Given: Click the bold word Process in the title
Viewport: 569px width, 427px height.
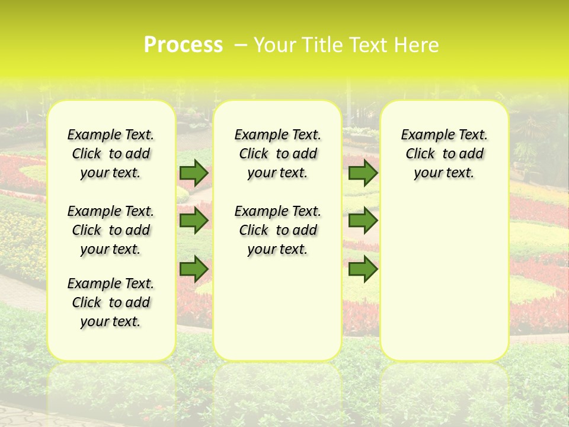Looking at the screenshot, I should pos(183,45).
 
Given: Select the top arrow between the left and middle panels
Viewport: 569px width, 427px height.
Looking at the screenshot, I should pos(194,173).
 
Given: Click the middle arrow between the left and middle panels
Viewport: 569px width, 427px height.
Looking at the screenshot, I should pos(194,221).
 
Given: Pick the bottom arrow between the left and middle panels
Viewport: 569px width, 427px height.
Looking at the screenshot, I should pos(194,270).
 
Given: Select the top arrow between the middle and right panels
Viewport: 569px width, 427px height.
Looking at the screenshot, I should pos(363,173).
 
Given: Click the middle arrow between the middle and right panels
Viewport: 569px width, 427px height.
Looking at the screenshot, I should pos(363,221).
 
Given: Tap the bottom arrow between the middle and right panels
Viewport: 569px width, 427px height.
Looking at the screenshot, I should pos(363,270).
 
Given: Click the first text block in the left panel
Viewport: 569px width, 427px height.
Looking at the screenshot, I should pos(111,154).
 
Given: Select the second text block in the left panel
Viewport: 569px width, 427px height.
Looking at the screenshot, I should pos(111,230).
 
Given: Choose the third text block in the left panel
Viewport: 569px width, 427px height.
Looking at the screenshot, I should pos(111,302).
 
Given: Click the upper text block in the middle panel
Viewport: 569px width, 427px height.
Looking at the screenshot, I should pos(277,154).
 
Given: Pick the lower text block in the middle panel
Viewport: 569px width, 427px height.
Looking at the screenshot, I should pos(277,230).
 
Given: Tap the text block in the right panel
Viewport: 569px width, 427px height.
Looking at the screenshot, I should pos(444,154).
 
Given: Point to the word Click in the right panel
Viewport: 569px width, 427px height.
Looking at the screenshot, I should pos(420,154).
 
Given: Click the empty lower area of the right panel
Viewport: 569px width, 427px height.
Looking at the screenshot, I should pos(444,273).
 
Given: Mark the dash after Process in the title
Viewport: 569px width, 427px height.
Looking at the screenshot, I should pos(241,45).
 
